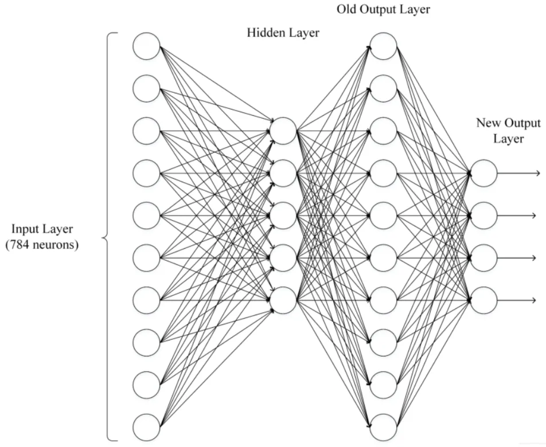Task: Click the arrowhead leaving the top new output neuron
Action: click(537, 173)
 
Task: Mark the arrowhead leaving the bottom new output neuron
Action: click(533, 300)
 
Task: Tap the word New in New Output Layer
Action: click(489, 123)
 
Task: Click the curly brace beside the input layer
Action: click(105, 238)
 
